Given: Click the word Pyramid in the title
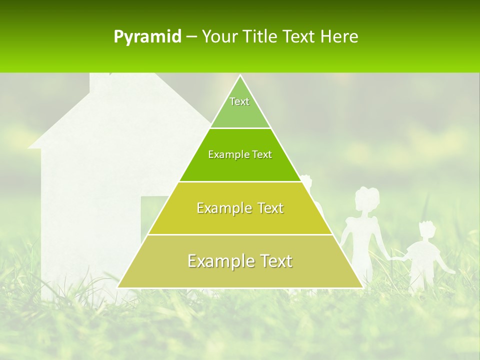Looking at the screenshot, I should coord(147,37).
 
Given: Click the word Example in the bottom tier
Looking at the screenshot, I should coord(220,261).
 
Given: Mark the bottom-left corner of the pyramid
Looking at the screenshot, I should coord(118,287).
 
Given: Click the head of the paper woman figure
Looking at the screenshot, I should coord(367,199).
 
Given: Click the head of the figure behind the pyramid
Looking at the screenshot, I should coord(306,181).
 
